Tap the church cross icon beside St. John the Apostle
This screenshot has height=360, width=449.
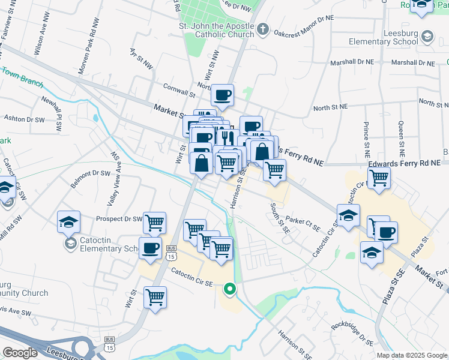(x=262, y=29)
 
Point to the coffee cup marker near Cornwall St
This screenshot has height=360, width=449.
(x=222, y=95)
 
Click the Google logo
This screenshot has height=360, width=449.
(x=20, y=353)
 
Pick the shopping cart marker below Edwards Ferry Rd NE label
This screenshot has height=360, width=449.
(x=379, y=178)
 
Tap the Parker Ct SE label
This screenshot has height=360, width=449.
(x=304, y=223)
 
